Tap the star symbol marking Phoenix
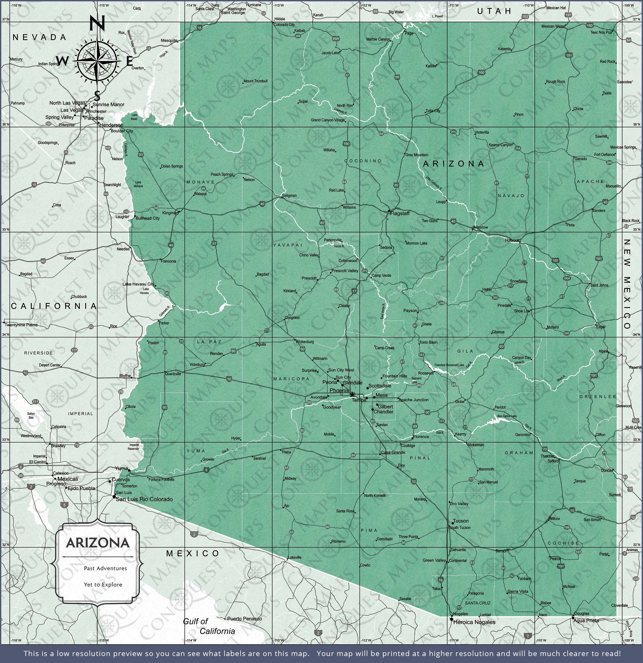(x=352, y=394)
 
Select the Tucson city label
(x=461, y=521)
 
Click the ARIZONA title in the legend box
(x=98, y=543)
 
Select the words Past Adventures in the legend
(x=105, y=568)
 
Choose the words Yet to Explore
(x=103, y=584)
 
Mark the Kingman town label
(x=170, y=213)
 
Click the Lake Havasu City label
(x=138, y=284)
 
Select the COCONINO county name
(x=363, y=161)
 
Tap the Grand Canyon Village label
(x=327, y=120)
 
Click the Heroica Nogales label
(x=474, y=622)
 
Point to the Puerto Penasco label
(x=244, y=619)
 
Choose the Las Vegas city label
(x=71, y=110)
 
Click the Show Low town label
(x=522, y=311)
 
